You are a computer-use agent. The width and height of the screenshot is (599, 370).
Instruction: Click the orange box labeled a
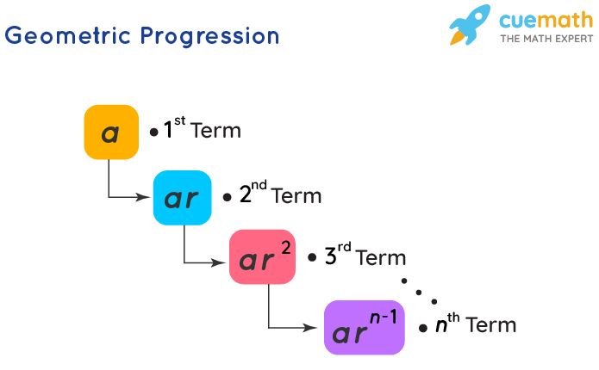point(111,133)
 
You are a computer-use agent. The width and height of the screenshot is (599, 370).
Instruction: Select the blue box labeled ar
point(182,198)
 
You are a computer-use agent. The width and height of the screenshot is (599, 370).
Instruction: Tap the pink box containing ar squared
point(262,256)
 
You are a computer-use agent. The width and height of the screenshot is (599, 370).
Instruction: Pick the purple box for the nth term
point(364,327)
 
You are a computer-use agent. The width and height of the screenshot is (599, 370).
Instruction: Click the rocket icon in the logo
point(470,25)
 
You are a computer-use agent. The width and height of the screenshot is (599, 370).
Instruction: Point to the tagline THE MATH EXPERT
point(546,39)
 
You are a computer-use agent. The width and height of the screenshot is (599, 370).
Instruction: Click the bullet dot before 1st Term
point(153,133)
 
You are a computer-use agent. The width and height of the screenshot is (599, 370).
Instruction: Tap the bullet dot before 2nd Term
point(227,197)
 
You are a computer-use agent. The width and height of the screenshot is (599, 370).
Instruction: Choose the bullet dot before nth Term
point(423,328)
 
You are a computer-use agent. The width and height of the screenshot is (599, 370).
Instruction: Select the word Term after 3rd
point(379,257)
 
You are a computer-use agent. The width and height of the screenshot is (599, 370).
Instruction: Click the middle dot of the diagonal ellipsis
point(419,291)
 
